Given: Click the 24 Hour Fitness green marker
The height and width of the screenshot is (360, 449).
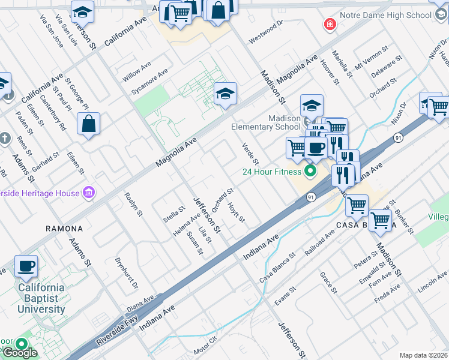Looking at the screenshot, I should coord(310,172).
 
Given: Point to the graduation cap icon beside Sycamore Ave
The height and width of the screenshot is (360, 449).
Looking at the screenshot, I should coord(225,94).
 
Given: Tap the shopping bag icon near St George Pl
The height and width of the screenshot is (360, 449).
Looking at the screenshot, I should coord(88,124).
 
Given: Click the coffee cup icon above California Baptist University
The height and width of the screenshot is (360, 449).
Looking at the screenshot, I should coord(25,266).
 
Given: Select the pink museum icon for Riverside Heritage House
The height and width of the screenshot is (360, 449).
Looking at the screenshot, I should coord(89,193).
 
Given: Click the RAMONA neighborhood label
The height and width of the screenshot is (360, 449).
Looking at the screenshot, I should coord(64,229).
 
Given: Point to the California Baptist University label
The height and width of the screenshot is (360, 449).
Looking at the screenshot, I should coord(41,298).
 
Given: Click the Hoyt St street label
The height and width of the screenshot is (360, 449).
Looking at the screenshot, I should coord(237,212).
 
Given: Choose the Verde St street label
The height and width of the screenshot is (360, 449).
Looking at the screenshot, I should coord(250,154).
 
